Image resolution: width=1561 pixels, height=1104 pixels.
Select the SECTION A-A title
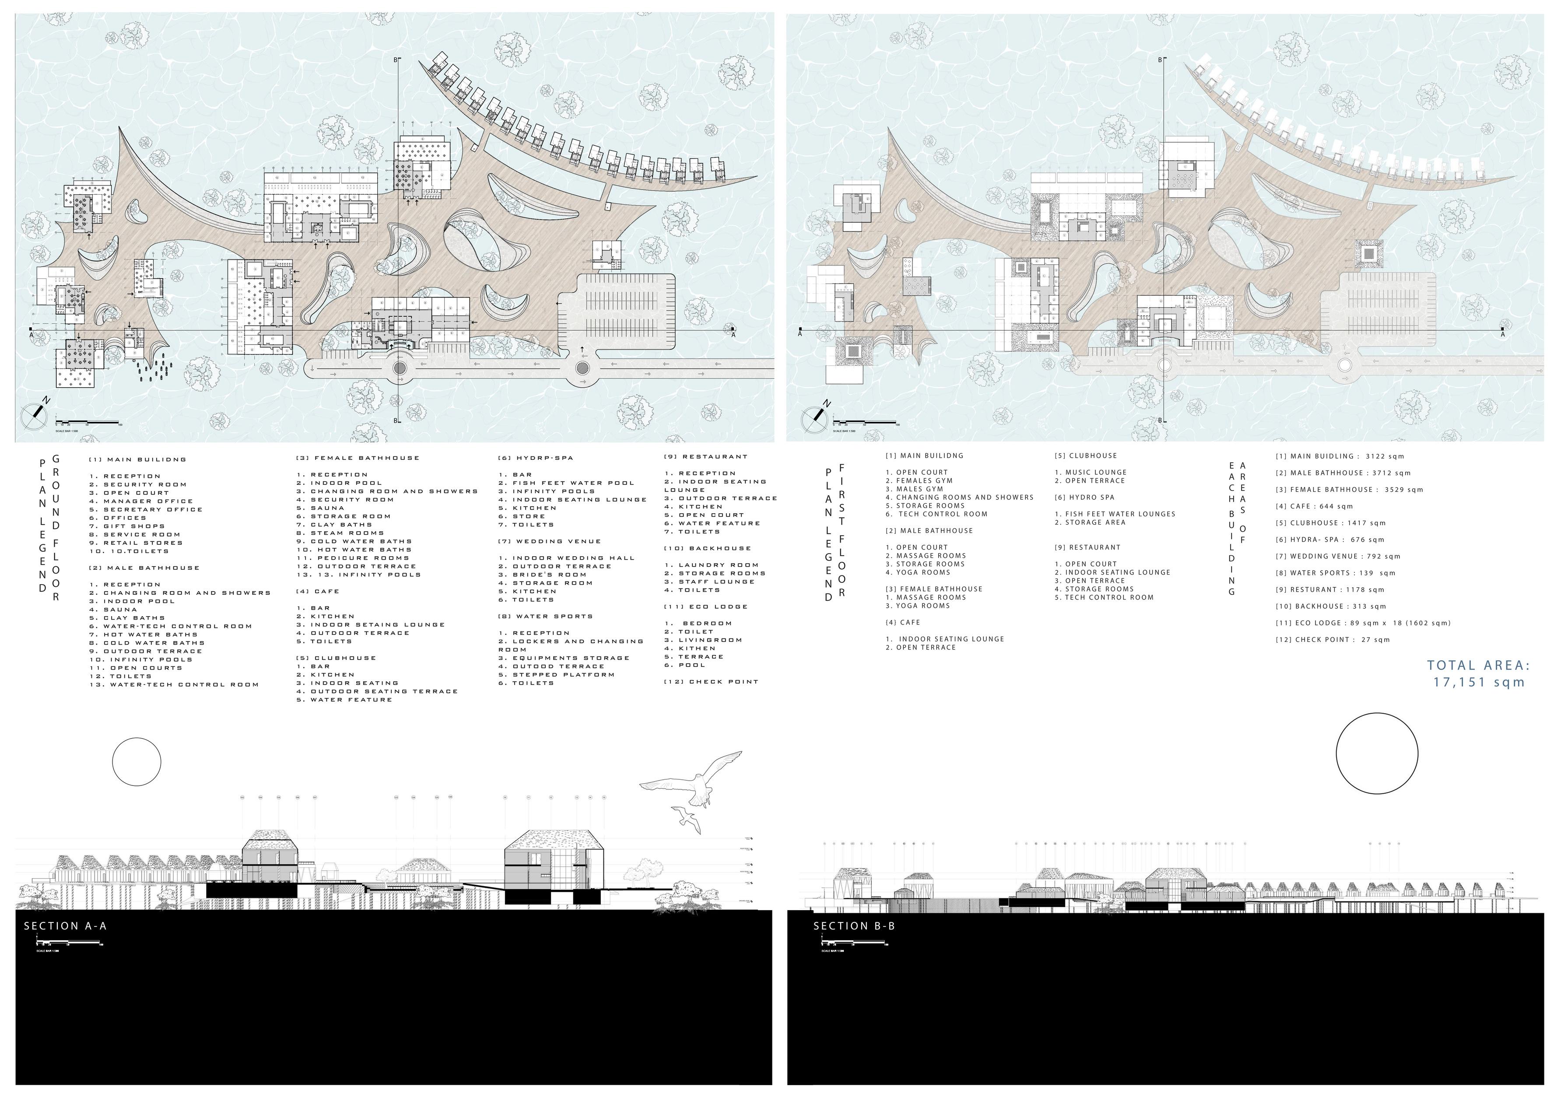65,926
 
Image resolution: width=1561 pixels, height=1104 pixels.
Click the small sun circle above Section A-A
137,761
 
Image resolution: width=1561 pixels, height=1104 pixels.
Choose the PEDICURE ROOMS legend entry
363,558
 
